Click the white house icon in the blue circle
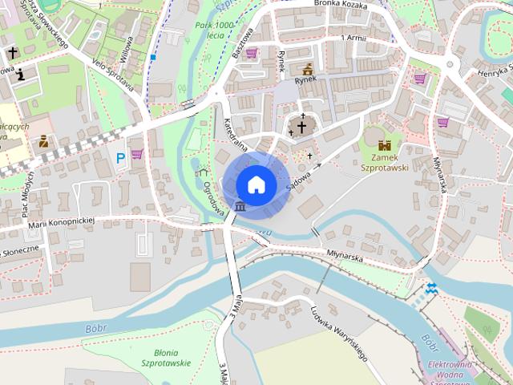coord(256,184)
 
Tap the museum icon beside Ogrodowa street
coord(240,209)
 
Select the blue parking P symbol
coord(121,159)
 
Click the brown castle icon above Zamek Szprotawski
coord(386,145)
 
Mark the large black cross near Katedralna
coord(302,126)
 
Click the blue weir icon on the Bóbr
coord(431,287)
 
